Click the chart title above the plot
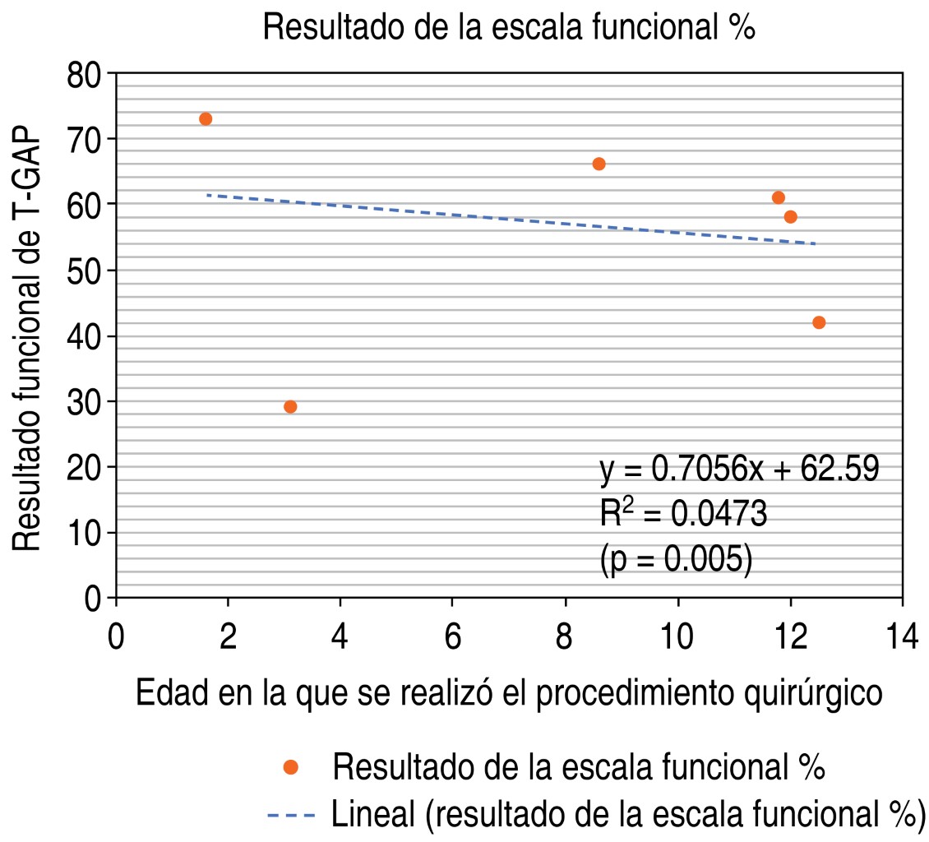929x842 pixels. click(508, 28)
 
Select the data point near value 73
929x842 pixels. click(206, 119)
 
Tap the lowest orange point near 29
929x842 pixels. click(290, 407)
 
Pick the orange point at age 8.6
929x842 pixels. click(599, 164)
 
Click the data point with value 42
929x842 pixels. click(819, 322)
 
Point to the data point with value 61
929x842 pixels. click(779, 197)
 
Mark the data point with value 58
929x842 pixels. click(791, 217)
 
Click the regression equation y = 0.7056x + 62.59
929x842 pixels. click(739, 471)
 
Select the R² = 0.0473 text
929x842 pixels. click(683, 515)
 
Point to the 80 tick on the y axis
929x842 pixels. click(85, 75)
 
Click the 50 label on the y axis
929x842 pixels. click(85, 271)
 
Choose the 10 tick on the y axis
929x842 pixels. click(85, 534)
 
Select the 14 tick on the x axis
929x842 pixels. click(903, 639)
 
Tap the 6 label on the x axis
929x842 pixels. click(453, 639)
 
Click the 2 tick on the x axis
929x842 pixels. click(229, 639)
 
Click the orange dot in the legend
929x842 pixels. click(290, 767)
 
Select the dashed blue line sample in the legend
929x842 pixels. click(292, 816)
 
